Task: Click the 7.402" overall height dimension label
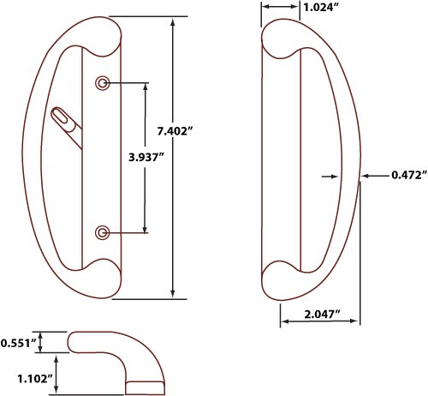click(x=175, y=131)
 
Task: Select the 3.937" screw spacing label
click(x=146, y=157)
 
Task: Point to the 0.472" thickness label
click(x=409, y=175)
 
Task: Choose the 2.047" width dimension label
click(x=323, y=315)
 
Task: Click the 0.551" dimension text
click(x=19, y=343)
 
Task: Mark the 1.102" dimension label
click(x=35, y=379)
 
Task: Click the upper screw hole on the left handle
click(x=102, y=83)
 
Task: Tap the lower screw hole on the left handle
click(x=102, y=233)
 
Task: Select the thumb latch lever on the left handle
click(x=66, y=126)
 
